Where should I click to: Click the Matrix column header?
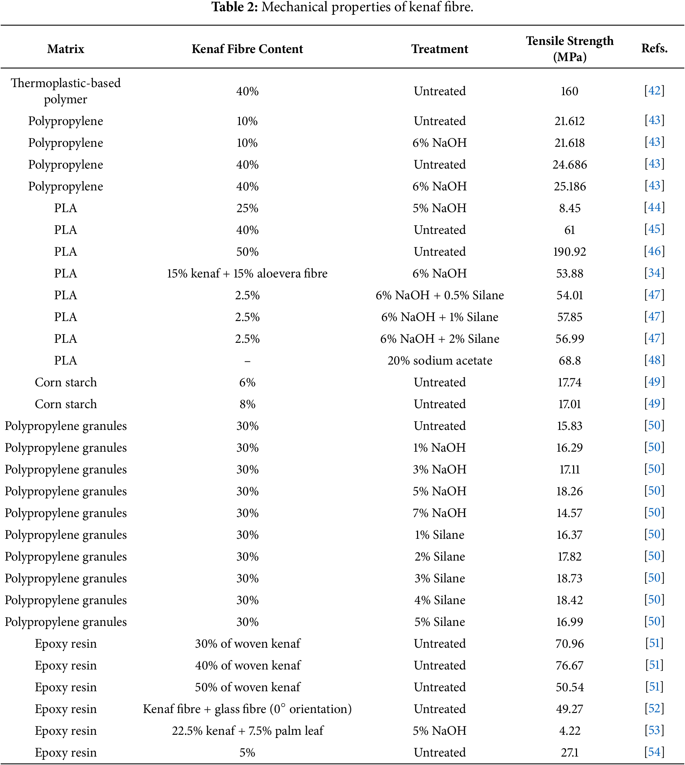click(66, 49)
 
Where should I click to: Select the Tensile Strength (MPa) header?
click(570, 48)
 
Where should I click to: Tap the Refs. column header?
click(654, 48)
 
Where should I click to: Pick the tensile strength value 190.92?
click(570, 252)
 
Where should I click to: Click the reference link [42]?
click(654, 91)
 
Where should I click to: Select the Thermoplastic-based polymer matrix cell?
click(66, 91)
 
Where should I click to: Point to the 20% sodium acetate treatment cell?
click(439, 361)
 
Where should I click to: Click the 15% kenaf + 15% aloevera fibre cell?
click(247, 274)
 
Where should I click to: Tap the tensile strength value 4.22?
click(570, 731)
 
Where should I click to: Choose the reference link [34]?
click(654, 273)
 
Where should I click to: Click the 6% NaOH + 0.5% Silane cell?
click(439, 295)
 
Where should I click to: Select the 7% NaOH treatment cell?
click(439, 513)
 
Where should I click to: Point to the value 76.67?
click(570, 666)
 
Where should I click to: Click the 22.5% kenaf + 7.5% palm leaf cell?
click(248, 731)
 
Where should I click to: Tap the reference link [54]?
click(654, 752)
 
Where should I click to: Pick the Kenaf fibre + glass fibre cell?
click(247, 709)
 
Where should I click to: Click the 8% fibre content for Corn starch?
click(247, 404)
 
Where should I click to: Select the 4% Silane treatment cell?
click(439, 600)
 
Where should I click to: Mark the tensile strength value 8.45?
click(570, 208)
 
